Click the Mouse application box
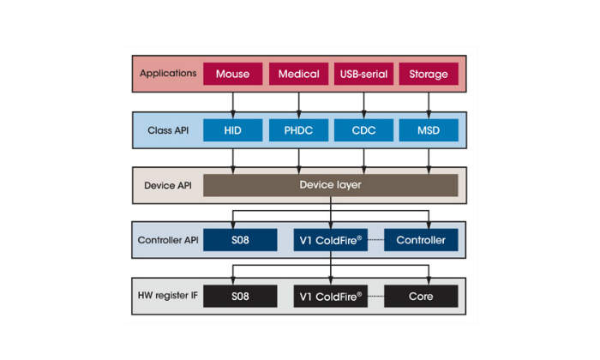(232, 74)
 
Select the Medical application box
(298, 74)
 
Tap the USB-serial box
(364, 74)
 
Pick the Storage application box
(429, 74)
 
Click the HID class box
(232, 130)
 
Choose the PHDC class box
(298, 130)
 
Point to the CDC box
(364, 130)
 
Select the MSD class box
(429, 130)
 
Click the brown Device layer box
(330, 185)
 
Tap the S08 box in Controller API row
(240, 240)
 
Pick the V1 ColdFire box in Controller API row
(331, 240)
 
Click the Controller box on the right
(421, 240)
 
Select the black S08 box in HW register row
(240, 297)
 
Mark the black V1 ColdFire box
(331, 297)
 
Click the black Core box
(421, 297)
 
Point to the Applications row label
(167, 74)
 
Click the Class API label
(167, 130)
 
